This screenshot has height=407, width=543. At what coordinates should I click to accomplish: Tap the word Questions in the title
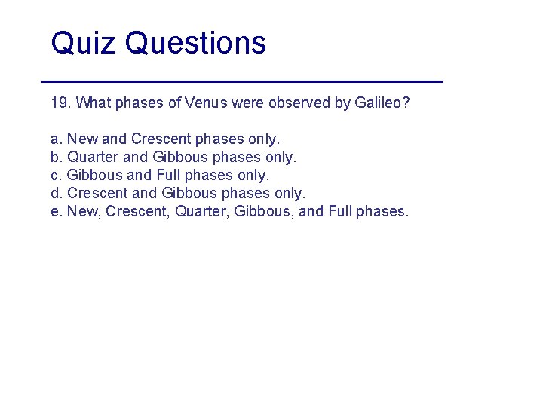[196, 44]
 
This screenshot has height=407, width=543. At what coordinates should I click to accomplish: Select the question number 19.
[60, 103]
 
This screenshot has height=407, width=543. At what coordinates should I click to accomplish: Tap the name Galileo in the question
[382, 103]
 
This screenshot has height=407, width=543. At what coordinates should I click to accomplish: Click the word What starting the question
[94, 103]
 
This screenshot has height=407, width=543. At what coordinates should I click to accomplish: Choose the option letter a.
[55, 139]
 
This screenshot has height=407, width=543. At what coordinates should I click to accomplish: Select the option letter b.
[55, 158]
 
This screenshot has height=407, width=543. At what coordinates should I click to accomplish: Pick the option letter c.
[55, 176]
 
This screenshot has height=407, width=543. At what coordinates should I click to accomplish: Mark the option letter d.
[55, 194]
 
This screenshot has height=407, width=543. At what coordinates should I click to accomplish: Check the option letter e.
[55, 212]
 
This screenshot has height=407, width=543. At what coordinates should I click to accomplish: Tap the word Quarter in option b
[93, 158]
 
